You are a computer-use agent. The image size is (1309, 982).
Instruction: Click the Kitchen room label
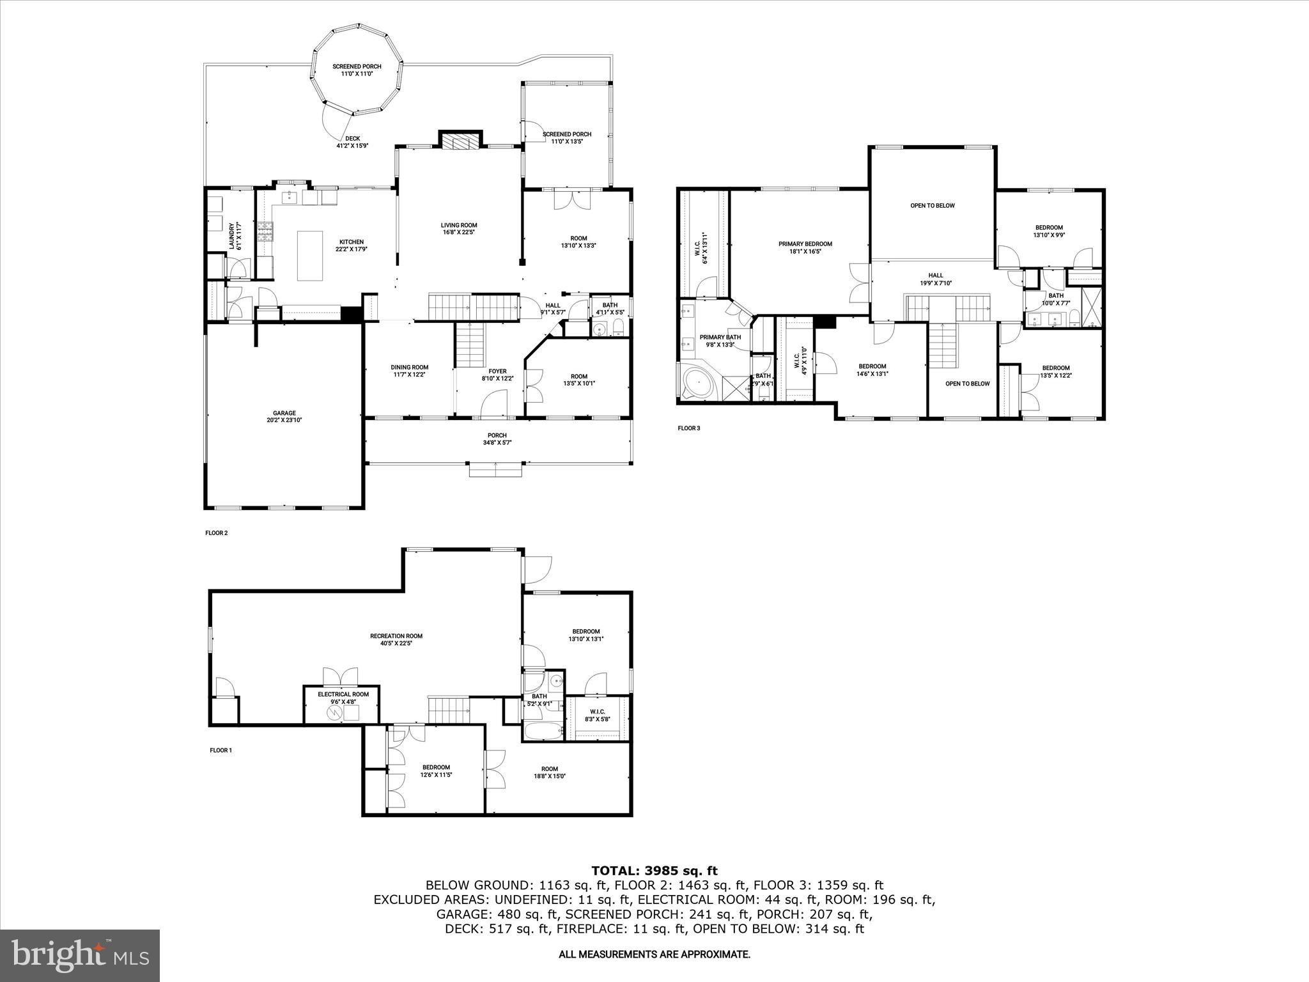tap(351, 245)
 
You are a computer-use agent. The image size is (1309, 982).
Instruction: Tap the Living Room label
tap(458, 228)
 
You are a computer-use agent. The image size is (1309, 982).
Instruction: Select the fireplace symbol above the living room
tap(460, 141)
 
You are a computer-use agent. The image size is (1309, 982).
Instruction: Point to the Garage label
tap(284, 416)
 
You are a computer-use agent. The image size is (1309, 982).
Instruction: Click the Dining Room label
tap(409, 371)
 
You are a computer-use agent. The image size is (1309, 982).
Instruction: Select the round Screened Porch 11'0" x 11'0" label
tap(357, 70)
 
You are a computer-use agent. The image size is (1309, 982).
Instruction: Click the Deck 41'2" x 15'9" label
tap(352, 142)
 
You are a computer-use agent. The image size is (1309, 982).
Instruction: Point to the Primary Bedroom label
tap(805, 247)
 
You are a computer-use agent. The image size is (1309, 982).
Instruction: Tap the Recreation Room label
tap(396, 639)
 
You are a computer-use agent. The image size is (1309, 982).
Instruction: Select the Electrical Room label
tap(343, 698)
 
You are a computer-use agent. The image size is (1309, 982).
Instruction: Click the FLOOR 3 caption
tap(688, 428)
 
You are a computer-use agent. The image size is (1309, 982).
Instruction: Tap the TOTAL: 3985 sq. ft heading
tap(654, 870)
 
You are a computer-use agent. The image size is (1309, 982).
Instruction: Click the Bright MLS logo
tap(80, 955)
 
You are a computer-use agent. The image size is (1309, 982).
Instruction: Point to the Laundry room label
tap(234, 235)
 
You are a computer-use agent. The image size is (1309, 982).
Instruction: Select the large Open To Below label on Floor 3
tap(932, 206)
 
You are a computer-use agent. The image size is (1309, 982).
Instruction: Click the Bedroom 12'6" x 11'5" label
tap(436, 771)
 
